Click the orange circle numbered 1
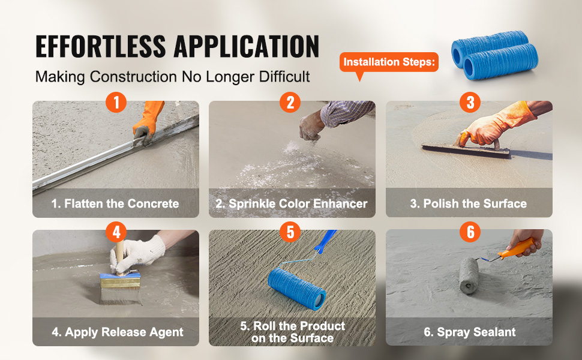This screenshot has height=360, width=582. tap(116, 103)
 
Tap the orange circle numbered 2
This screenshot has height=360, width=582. tap(290, 103)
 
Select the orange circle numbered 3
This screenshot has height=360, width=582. tap(470, 103)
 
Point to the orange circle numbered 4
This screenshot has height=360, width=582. tap(116, 232)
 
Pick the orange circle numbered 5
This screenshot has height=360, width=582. tap(290, 232)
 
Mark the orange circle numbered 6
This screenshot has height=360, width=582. tap(470, 232)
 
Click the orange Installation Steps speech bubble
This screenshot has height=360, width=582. tap(389, 62)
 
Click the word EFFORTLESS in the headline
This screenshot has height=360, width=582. tap(101, 46)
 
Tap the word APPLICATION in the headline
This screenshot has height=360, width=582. tap(247, 46)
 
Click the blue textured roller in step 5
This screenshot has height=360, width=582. tap(296, 289)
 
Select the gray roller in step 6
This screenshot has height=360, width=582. tap(469, 275)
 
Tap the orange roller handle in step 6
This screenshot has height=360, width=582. tap(517, 248)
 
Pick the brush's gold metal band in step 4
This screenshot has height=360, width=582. tap(120, 283)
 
